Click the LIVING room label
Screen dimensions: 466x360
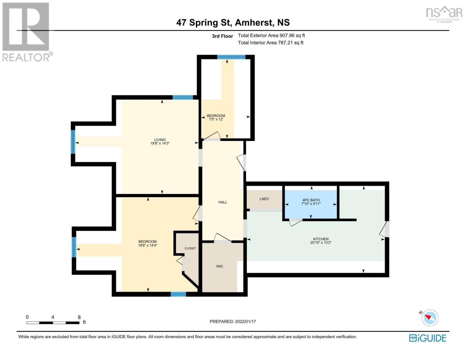coord(160,139)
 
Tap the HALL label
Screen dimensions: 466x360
coord(223,202)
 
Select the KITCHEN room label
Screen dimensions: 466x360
coord(320,239)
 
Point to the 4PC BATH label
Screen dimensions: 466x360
coord(311,200)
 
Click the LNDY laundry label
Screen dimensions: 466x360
coord(264,199)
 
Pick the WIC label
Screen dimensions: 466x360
coord(220,266)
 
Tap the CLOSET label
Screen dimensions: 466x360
coord(190,248)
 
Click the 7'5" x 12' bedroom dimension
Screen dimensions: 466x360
coord(216,119)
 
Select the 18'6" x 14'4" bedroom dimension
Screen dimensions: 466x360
coord(148,245)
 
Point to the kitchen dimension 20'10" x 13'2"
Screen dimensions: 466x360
coord(320,243)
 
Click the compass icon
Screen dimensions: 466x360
coord(430,318)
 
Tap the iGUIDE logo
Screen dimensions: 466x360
coord(428,338)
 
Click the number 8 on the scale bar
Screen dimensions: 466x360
coord(79,317)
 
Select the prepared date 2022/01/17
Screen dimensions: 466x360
coord(245,322)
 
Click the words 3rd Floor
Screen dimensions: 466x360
coord(222,36)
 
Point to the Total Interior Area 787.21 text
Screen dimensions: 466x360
coord(271,43)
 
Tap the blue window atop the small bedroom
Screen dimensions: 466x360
coord(231,57)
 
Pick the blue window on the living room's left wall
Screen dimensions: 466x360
coord(73,142)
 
